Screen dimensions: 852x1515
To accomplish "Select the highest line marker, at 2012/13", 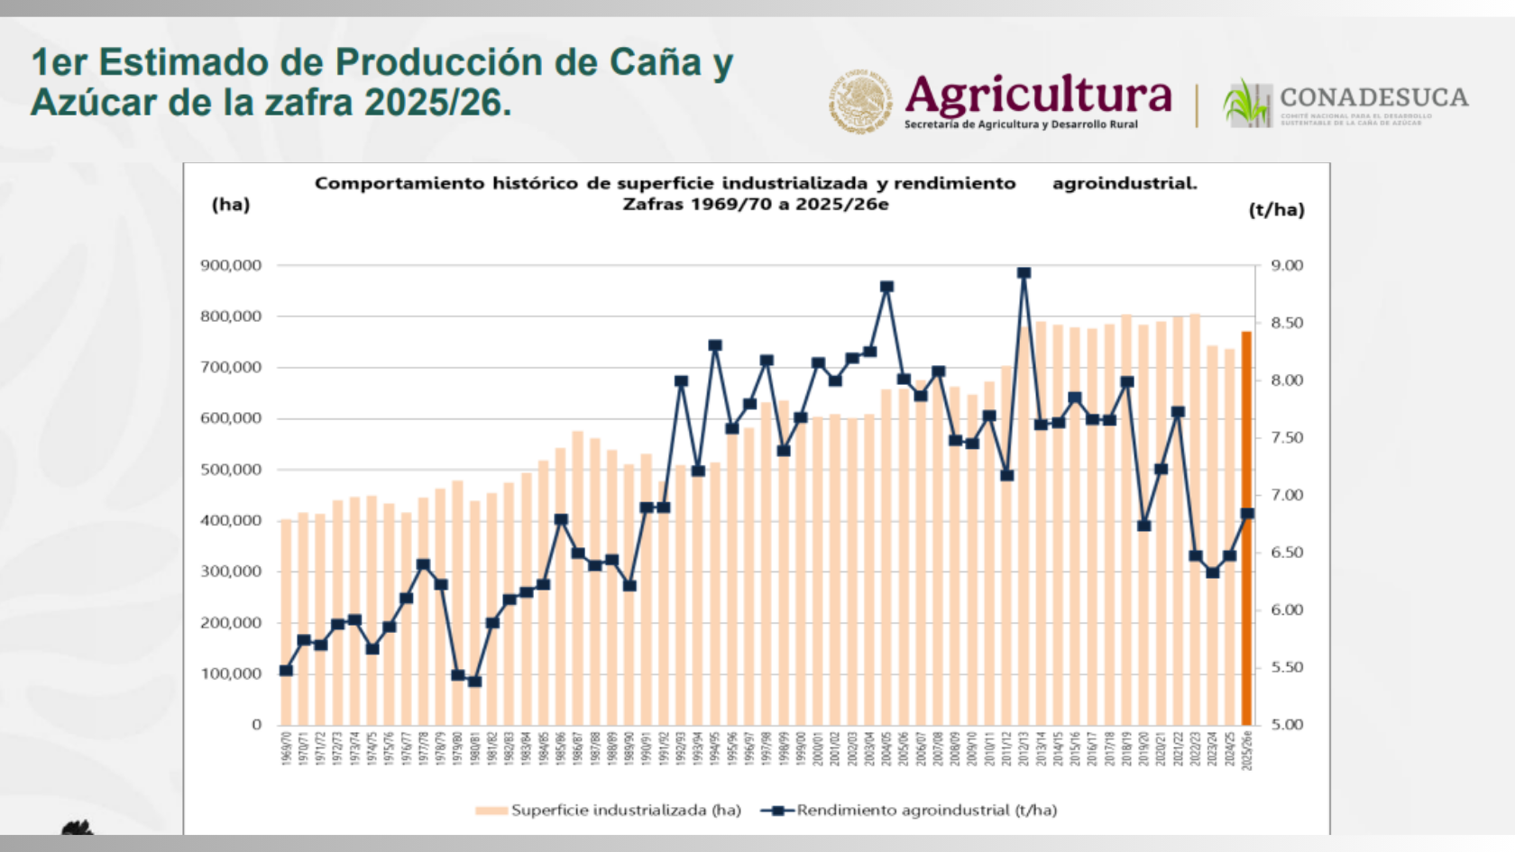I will click(x=1024, y=273).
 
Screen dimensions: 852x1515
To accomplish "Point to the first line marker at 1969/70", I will click(x=286, y=671).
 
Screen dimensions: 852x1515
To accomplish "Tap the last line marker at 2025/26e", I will click(x=1247, y=514).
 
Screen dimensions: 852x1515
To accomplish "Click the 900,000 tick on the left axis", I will click(x=231, y=265).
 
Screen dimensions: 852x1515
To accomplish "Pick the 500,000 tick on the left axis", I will click(x=231, y=470).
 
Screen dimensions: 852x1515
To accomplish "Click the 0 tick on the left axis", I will click(x=256, y=725).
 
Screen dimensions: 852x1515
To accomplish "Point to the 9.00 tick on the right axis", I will click(x=1287, y=265).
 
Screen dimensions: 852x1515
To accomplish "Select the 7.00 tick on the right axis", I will click(x=1287, y=495).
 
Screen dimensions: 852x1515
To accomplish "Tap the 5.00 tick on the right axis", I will click(x=1287, y=725).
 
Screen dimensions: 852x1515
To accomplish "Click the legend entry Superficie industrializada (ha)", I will click(x=625, y=811).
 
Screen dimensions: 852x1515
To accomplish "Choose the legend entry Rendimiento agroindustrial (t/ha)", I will click(x=926, y=811).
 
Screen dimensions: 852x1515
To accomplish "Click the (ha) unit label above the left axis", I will click(x=231, y=205).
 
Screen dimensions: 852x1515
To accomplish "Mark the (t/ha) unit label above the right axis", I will click(x=1276, y=210).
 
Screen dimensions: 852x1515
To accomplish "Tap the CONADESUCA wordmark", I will click(x=1373, y=96).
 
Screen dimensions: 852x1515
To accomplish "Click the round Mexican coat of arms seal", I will click(x=860, y=101).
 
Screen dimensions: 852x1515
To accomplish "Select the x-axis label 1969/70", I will click(x=286, y=749).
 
